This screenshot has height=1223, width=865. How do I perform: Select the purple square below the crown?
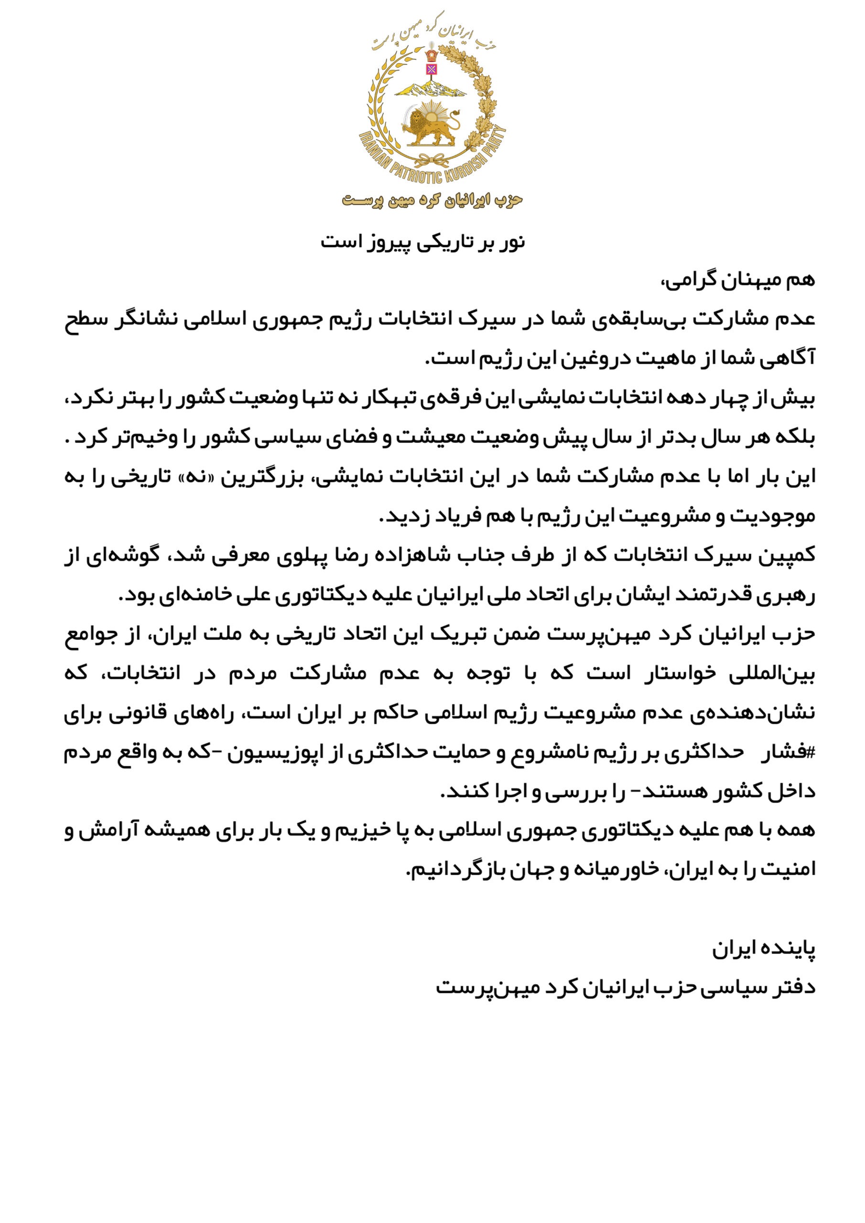431,69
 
